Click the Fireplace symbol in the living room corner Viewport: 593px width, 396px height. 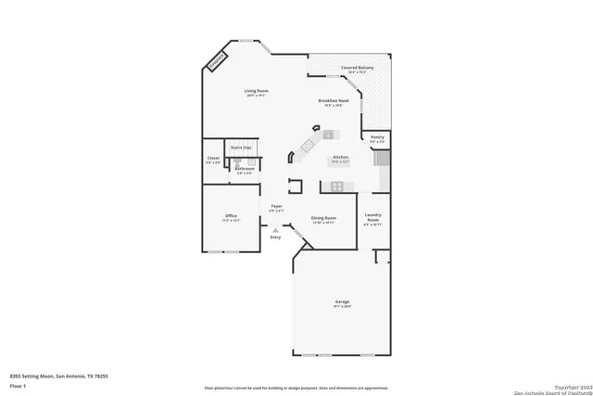217,61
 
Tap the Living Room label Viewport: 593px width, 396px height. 256,91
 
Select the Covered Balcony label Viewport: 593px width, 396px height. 357,68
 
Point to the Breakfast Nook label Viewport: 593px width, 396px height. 333,101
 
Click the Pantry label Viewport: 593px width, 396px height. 377,137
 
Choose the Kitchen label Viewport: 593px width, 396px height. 340,159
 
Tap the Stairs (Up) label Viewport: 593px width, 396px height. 241,147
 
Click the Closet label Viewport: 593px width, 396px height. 213,159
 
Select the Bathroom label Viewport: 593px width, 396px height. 245,169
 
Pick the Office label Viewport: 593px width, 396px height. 231,217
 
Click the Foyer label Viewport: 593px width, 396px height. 276,207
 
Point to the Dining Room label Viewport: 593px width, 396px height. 322,219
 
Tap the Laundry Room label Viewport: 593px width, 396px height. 372,219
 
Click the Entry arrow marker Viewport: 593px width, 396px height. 275,230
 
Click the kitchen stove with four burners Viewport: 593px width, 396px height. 337,186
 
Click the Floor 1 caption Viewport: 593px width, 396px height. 17,385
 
